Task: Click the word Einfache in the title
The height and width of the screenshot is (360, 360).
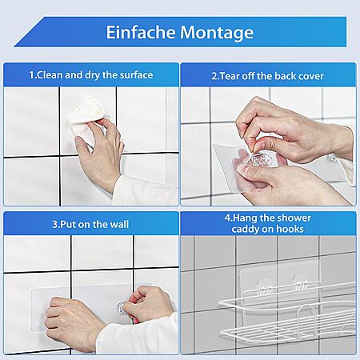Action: point(141,32)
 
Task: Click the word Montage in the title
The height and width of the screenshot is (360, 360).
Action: point(217,33)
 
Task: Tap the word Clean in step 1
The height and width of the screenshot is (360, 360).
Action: point(50,75)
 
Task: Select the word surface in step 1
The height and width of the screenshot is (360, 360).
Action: point(136,75)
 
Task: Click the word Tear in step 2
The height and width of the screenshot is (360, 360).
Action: point(230,76)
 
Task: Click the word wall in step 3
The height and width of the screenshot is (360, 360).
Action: point(120,224)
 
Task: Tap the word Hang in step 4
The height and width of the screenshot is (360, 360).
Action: point(245,218)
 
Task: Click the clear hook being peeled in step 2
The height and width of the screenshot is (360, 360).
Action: point(261,160)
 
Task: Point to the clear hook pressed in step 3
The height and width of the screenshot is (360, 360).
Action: point(122,308)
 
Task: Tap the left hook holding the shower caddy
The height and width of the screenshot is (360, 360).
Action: point(263,287)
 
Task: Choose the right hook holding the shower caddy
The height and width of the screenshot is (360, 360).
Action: point(300,284)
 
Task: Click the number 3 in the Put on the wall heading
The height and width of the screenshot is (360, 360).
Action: point(54,224)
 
